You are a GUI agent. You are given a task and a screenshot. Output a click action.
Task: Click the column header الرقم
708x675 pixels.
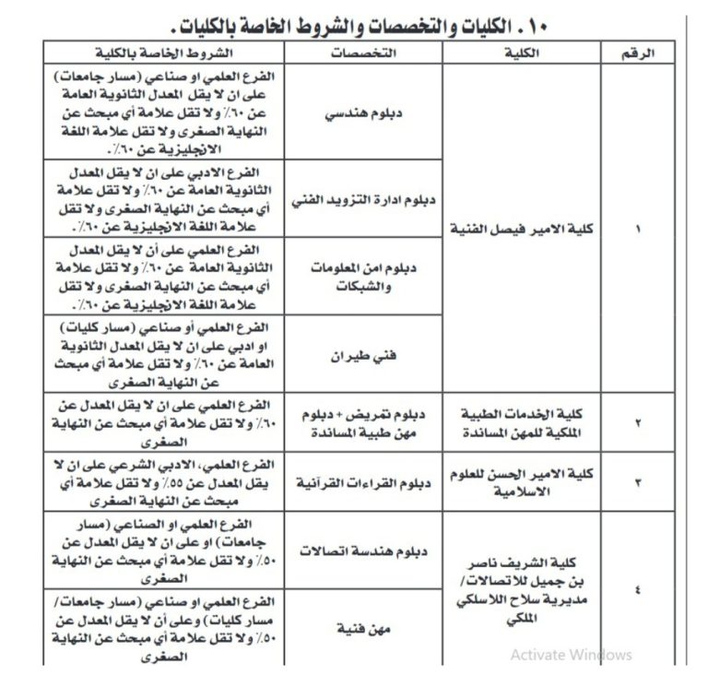(x=642, y=53)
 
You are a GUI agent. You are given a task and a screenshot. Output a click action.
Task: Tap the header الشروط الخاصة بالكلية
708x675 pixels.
(x=171, y=53)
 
